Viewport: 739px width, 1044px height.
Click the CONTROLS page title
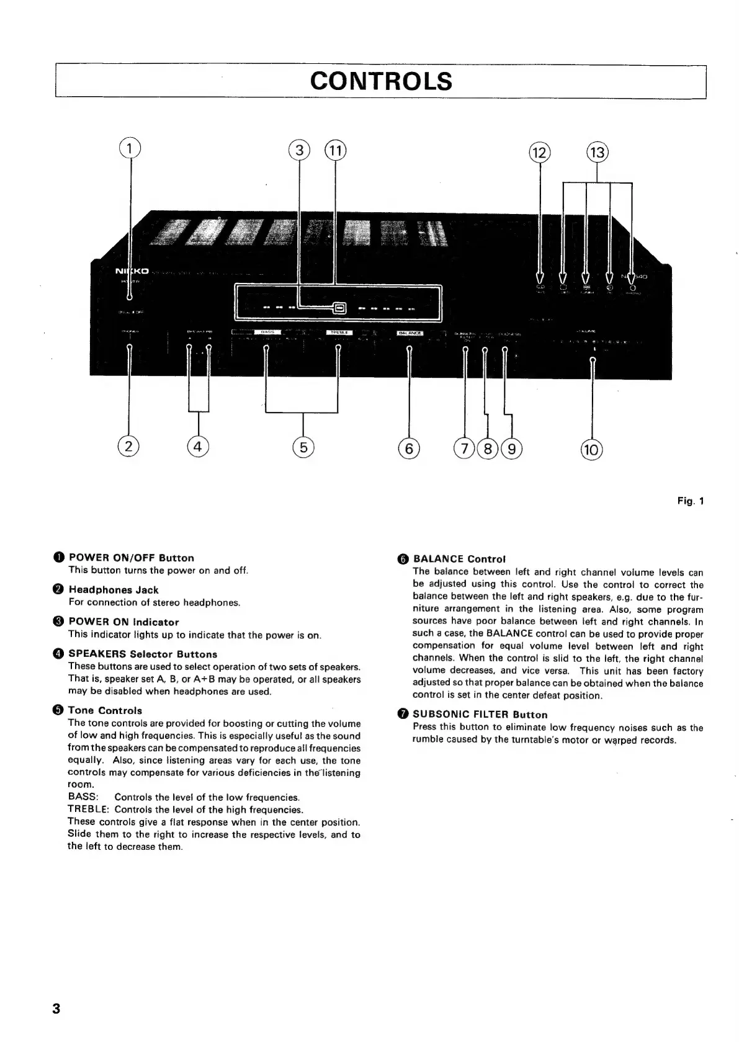381,81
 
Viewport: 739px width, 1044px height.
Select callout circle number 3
300,150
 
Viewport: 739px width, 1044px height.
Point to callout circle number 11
335,150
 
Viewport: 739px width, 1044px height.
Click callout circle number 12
539,152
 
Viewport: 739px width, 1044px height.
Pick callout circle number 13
598,152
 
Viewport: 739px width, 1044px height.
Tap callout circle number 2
129,446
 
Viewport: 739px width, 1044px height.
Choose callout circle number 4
198,446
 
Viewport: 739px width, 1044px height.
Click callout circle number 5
303,447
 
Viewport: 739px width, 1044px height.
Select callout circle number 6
409,448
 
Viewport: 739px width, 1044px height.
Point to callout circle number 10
591,448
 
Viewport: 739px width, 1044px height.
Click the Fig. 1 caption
691,501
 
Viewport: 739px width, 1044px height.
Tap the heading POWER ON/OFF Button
131,558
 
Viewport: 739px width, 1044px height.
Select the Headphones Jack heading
114,590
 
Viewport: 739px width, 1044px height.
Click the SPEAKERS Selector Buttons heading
143,654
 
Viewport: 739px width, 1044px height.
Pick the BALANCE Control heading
459,559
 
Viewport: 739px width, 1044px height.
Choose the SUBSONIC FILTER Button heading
480,715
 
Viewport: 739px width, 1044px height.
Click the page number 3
56,1009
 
